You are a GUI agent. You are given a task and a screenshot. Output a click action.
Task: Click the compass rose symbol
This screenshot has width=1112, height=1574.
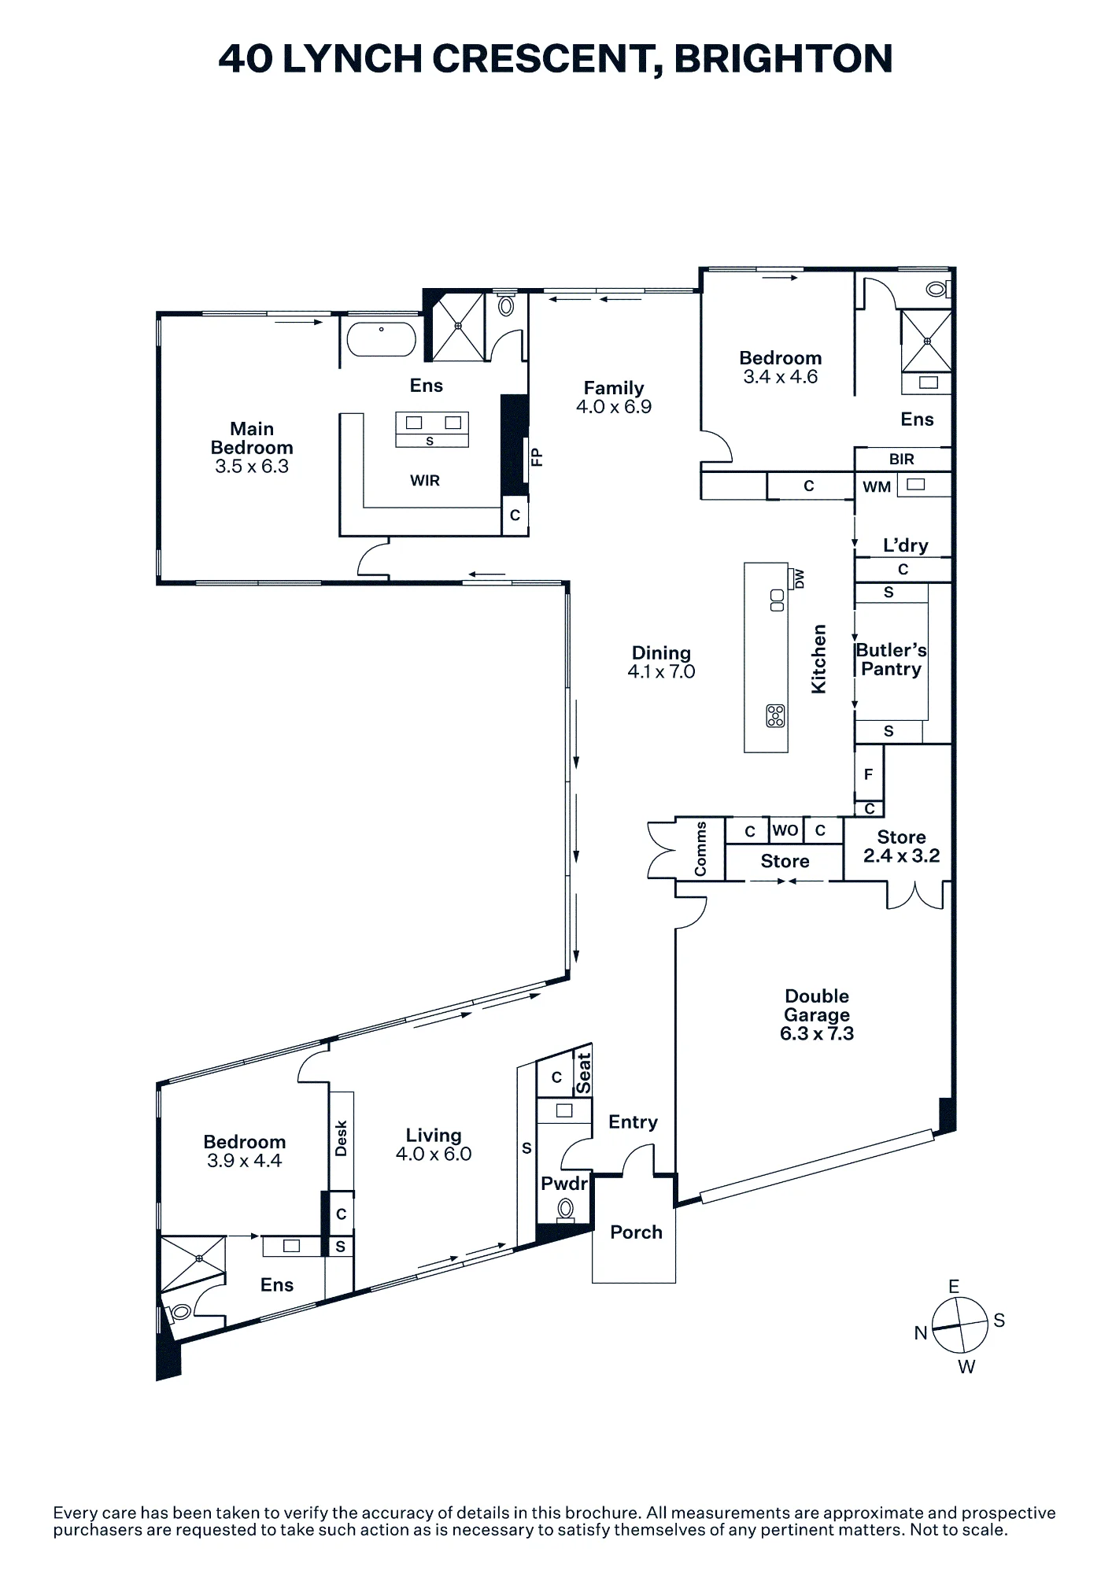click(959, 1325)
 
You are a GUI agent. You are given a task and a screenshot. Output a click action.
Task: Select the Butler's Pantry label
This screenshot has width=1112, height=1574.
click(891, 660)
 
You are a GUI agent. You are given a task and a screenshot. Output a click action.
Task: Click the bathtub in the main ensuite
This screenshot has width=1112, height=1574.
click(382, 339)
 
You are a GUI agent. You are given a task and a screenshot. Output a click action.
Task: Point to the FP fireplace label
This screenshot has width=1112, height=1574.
click(538, 457)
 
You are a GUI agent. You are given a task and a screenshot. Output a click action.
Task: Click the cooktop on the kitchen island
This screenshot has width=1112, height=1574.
click(775, 715)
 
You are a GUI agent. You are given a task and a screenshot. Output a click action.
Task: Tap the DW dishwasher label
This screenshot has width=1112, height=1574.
click(800, 579)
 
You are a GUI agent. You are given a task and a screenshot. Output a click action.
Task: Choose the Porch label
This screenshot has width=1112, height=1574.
click(636, 1232)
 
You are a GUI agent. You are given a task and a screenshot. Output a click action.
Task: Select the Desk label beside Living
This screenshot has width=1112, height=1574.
click(341, 1138)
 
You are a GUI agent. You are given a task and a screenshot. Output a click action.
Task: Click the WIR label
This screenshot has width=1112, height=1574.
click(425, 480)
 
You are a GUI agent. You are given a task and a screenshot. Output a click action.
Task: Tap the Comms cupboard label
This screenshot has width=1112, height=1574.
click(700, 848)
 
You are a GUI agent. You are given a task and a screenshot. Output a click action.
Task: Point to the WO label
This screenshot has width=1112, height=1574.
click(785, 830)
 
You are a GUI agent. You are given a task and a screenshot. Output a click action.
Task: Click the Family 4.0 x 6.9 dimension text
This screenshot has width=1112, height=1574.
click(614, 407)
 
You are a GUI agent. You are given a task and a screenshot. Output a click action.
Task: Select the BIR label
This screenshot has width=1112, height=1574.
click(902, 459)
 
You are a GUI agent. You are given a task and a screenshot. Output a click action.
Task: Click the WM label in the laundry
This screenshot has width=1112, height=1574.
click(877, 487)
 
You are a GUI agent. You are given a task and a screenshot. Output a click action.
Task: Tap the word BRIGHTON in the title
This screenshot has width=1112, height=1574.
click(783, 58)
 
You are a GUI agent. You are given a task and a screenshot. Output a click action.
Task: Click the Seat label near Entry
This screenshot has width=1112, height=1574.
click(583, 1073)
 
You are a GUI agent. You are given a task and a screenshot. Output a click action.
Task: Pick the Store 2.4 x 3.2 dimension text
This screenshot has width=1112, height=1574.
click(902, 856)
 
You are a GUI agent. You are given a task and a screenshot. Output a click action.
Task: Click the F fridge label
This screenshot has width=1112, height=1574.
click(868, 774)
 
